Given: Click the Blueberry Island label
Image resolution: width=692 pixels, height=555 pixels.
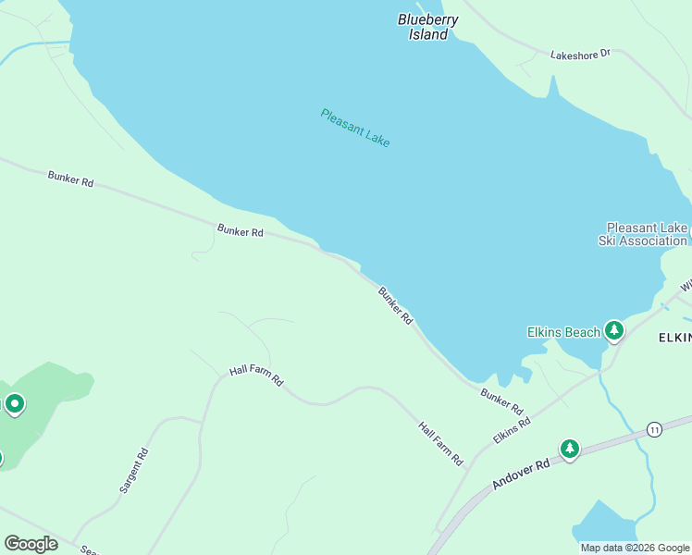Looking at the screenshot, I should click(427, 27).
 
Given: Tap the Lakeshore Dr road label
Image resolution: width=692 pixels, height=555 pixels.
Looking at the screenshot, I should click(580, 54).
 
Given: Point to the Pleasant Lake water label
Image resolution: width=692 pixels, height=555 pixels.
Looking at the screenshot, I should click(355, 128).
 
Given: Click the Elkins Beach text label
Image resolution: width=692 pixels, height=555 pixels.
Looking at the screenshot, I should click(563, 332).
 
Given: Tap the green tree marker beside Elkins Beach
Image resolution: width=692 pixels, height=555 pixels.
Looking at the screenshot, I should click(613, 330).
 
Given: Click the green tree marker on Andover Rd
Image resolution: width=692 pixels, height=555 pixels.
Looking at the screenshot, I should click(569, 449).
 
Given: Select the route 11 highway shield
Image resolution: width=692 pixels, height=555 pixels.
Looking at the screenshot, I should click(654, 429).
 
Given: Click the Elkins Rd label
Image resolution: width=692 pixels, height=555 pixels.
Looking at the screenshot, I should click(512, 429).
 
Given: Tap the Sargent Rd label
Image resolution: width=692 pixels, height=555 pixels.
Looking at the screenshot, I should click(134, 469).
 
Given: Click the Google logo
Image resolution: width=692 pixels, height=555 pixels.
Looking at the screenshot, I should click(31, 544).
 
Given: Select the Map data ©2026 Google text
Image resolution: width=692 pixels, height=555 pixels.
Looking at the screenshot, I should click(635, 548).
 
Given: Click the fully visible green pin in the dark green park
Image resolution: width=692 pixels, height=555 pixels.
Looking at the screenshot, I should click(14, 403).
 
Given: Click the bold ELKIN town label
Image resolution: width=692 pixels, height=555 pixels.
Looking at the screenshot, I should click(674, 338).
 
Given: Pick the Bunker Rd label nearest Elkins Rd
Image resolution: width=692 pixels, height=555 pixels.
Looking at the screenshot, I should click(501, 401).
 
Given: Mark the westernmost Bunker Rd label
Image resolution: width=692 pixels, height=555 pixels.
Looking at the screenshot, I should click(71, 179).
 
